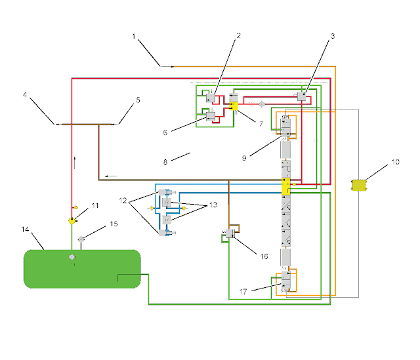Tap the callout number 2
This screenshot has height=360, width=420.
coord(238,37)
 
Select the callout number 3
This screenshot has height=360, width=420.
coord(333,37)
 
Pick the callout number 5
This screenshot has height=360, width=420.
coord(138,100)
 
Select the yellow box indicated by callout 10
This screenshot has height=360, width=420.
coord(358,185)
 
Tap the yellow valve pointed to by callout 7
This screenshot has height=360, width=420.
coord(234,105)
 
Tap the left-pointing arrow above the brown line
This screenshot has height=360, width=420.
coord(111,175)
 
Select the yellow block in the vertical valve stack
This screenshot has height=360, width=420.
coord(285,187)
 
